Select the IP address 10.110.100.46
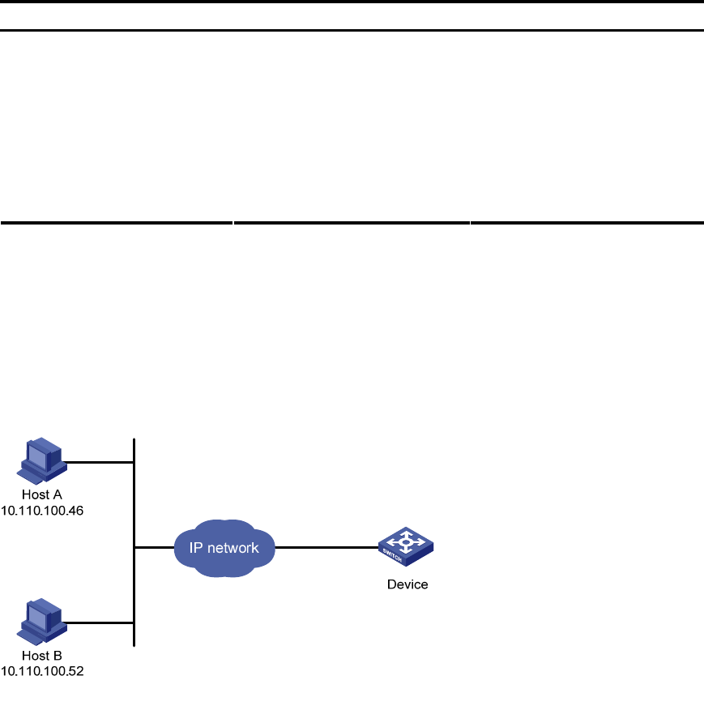43,511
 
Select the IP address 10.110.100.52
43,671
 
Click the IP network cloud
224,549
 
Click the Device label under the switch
407,584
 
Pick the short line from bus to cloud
154,548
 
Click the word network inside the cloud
233,548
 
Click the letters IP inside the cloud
196,548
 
